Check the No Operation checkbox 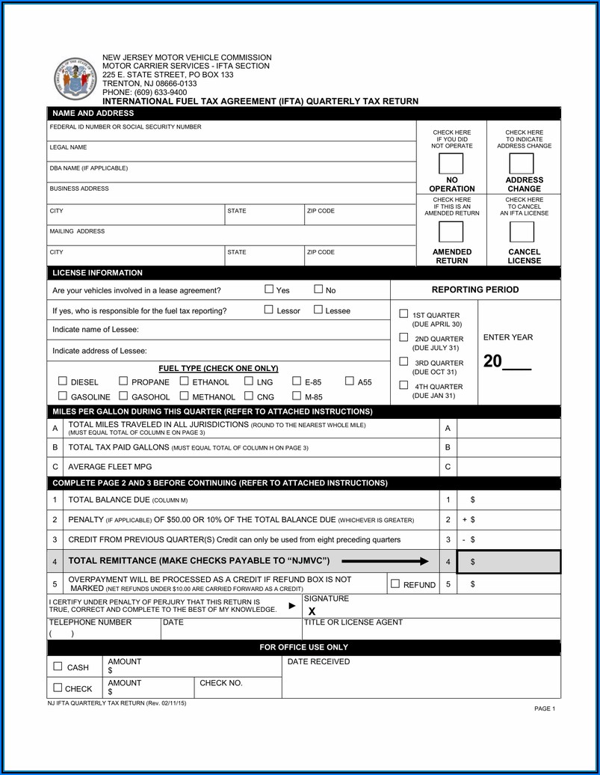coord(451,164)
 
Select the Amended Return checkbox coord(451,232)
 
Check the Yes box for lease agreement coord(269,290)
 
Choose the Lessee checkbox coord(318,310)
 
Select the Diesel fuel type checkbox coord(63,382)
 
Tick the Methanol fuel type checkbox coord(184,396)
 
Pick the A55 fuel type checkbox coord(350,382)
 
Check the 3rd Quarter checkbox coord(403,362)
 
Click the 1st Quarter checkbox coord(403,314)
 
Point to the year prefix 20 coord(493,361)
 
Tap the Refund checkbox coord(395,584)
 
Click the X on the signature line coord(312,611)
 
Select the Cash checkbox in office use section coord(58,667)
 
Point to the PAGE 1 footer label coord(544,708)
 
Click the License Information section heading coord(97,273)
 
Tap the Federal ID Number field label coord(125,127)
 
